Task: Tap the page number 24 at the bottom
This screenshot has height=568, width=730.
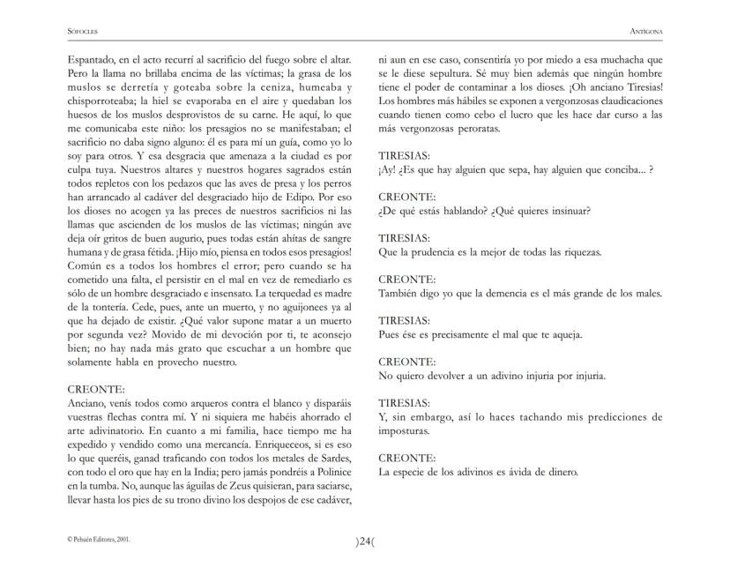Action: (365, 540)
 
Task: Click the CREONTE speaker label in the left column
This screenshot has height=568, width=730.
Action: (96, 388)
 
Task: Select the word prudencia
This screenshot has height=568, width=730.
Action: (446, 252)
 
